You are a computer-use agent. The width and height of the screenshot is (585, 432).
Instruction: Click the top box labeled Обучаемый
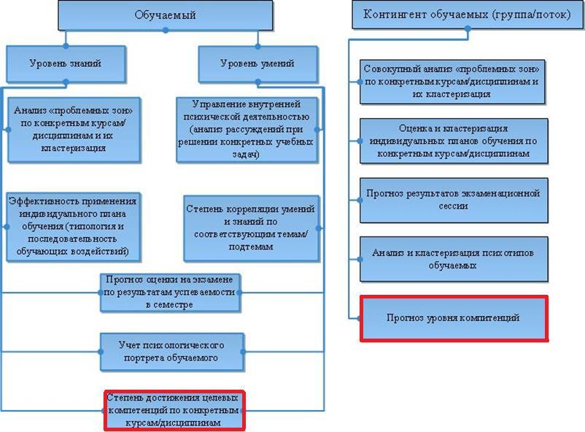pyautogui.click(x=165, y=15)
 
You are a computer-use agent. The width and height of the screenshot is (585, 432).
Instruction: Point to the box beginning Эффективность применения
pyautogui.click(x=73, y=225)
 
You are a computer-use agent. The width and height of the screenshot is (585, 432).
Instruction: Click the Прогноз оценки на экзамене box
pyautogui.click(x=170, y=292)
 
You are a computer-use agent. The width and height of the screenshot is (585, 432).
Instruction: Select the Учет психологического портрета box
pyautogui.click(x=170, y=352)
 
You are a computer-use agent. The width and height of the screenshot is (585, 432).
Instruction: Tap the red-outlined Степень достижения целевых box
pyautogui.click(x=174, y=410)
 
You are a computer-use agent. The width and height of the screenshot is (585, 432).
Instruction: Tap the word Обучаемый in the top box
pyautogui.click(x=165, y=15)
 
